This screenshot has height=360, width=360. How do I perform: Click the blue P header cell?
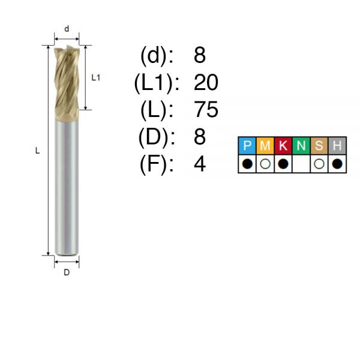point(247,146)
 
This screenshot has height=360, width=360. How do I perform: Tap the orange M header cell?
point(265,146)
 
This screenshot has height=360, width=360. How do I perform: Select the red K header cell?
point(283,146)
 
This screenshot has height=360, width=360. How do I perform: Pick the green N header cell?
point(301,146)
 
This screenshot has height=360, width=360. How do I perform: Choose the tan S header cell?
point(319,146)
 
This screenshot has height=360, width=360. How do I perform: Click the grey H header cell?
point(337,146)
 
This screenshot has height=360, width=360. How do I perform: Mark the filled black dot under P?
point(247,164)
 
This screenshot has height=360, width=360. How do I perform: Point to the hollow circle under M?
point(265,164)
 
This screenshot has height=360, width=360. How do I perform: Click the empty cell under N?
point(301,164)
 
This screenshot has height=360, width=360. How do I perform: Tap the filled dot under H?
point(337,164)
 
